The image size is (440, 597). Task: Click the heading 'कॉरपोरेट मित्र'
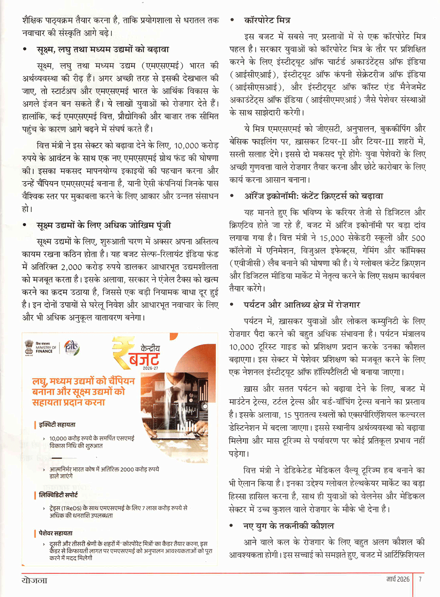(x=267, y=20)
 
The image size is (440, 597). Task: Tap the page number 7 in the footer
(x=420, y=579)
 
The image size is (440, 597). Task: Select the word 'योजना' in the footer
(x=35, y=580)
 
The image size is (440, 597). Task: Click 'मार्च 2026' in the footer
(x=398, y=579)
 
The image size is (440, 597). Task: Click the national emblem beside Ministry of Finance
(x=29, y=347)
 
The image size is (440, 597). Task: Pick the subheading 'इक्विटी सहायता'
(x=57, y=425)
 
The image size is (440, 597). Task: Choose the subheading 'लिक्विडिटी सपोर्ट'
(x=58, y=495)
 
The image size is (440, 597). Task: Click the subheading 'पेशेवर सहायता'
(x=55, y=533)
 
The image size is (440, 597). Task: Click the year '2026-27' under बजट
(x=150, y=368)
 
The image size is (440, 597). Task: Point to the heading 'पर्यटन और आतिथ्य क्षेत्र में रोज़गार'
(x=302, y=305)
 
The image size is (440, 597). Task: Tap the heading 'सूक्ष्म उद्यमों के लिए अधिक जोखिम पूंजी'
(x=104, y=225)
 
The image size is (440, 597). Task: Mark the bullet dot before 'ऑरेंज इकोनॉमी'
(x=232, y=196)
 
